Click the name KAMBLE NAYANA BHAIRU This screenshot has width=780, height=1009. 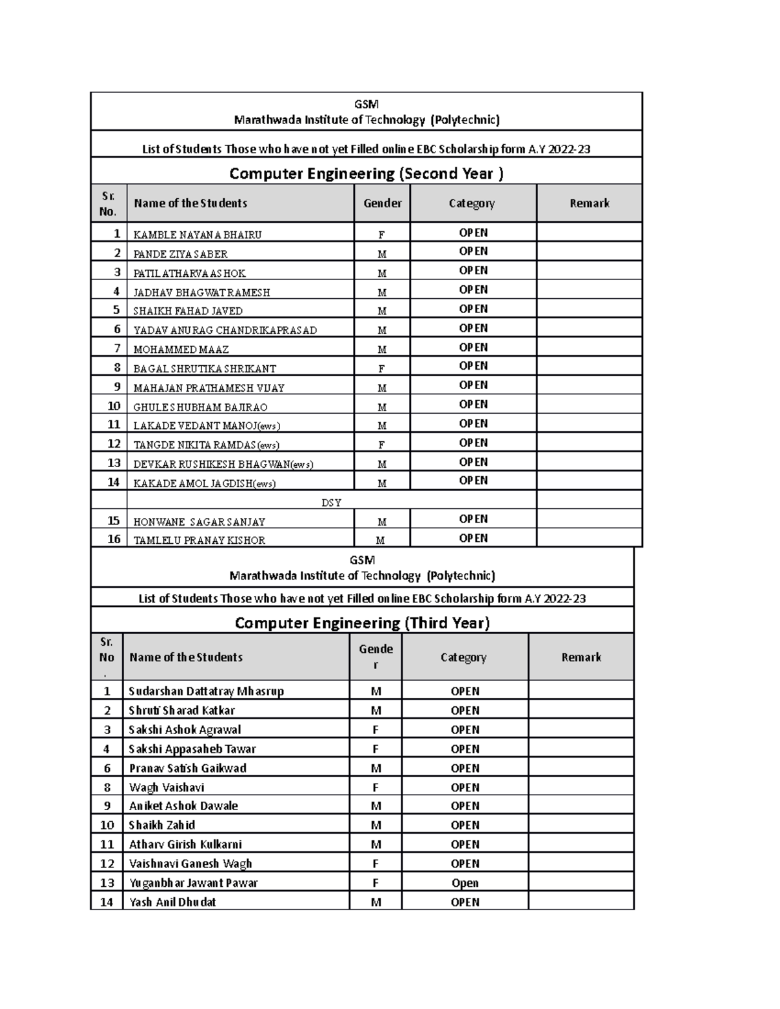[197, 235]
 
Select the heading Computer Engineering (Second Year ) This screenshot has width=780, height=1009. [367, 173]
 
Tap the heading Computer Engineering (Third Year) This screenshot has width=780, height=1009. [362, 622]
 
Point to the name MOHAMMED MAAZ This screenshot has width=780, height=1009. [181, 350]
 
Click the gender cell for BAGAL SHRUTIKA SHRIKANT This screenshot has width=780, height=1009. [382, 368]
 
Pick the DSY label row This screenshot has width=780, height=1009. [331, 502]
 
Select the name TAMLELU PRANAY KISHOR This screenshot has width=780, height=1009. [199, 540]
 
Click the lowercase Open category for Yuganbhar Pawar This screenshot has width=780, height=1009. [465, 883]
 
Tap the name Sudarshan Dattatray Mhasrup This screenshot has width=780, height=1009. [206, 691]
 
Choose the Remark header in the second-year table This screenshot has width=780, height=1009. [589, 203]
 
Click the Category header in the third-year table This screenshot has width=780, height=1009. [463, 657]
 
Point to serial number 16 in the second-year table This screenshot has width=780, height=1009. [114, 539]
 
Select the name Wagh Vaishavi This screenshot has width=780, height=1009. [166, 787]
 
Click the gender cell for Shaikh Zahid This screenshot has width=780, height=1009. [376, 825]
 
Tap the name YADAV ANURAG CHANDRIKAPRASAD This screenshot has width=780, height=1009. [225, 330]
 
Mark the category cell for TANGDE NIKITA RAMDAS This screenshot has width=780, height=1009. [473, 442]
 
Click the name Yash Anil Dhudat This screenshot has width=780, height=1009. [172, 902]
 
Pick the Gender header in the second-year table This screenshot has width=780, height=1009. [382, 203]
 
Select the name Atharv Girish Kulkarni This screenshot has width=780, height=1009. [185, 844]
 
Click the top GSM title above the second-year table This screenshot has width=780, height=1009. [367, 104]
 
